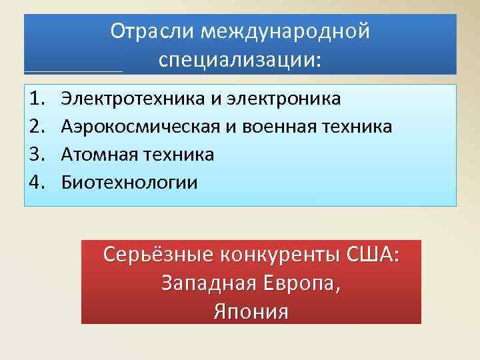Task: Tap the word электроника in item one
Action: click(x=285, y=99)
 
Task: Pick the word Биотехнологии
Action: click(x=129, y=182)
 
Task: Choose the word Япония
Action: click(x=251, y=311)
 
